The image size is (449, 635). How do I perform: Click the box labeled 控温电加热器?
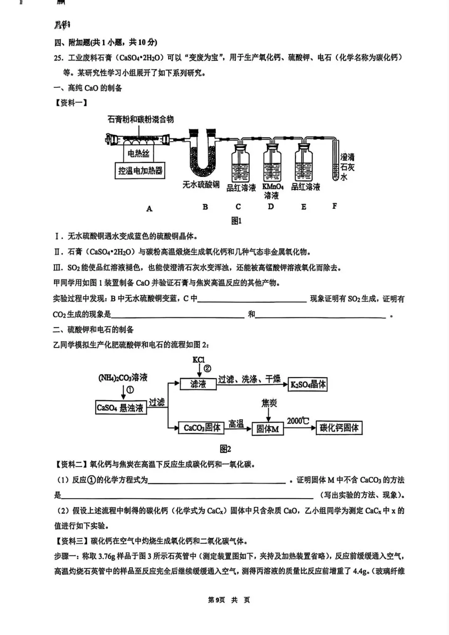[x=140, y=171]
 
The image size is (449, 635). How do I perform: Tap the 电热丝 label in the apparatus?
[x=138, y=154]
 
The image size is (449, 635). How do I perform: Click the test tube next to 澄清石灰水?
[x=336, y=160]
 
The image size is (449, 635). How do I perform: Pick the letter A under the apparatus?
[x=149, y=208]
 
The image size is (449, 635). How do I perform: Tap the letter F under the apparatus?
[x=335, y=206]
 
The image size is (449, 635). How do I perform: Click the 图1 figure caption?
[x=236, y=221]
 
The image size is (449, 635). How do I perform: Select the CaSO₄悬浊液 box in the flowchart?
[x=120, y=408]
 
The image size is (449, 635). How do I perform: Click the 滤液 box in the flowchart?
[x=198, y=384]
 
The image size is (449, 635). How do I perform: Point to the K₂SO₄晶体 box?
[x=308, y=384]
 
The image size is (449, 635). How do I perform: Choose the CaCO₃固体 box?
[x=202, y=428]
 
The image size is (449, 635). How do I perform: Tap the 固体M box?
[x=268, y=429]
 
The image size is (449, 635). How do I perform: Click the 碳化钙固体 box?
[x=339, y=428]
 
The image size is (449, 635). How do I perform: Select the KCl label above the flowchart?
[x=199, y=360]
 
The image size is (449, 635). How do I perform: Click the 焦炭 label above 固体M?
[x=269, y=403]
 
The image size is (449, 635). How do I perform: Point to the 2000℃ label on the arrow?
[x=298, y=421]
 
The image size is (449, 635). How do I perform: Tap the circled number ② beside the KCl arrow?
[x=207, y=368]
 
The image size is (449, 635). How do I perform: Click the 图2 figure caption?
[x=225, y=449]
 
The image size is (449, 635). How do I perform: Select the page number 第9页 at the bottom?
[x=216, y=600]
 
